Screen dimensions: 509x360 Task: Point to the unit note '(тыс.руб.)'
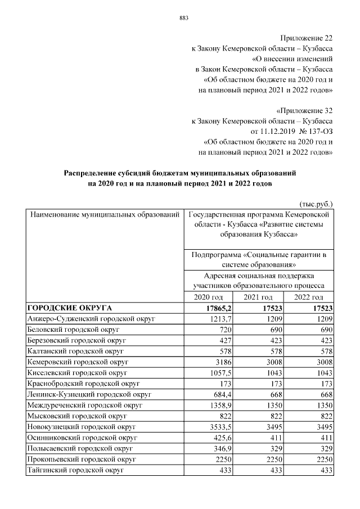pyautogui.click(x=314, y=204)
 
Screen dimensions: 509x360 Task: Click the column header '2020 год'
pyautogui.click(x=209, y=297)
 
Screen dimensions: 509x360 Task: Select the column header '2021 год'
pyautogui.click(x=259, y=297)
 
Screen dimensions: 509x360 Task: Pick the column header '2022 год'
pyautogui.click(x=309, y=297)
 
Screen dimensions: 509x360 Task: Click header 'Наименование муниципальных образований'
pyautogui.click(x=105, y=215)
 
